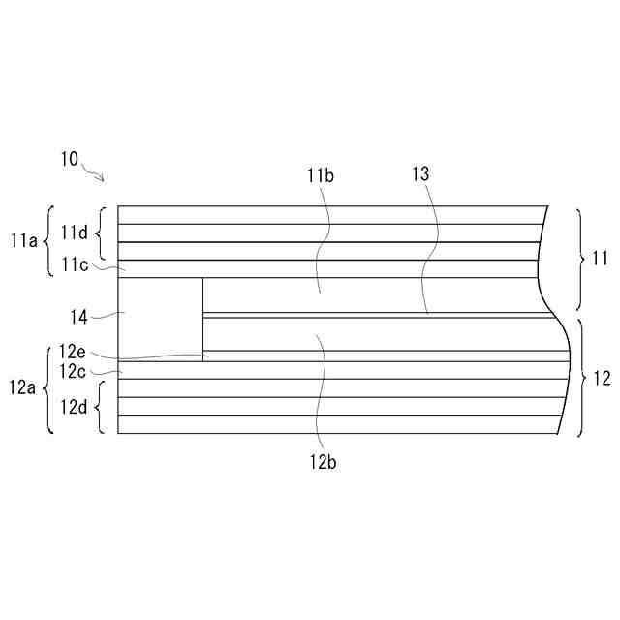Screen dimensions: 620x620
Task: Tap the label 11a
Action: click(x=25, y=241)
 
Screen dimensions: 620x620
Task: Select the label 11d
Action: click(x=75, y=232)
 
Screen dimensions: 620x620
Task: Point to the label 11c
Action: click(x=75, y=263)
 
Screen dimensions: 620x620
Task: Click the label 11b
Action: click(x=320, y=175)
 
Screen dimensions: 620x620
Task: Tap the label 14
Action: click(x=79, y=315)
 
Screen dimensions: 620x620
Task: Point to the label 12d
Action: click(x=75, y=405)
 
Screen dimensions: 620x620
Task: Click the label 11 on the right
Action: click(x=599, y=259)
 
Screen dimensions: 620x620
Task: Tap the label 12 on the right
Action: click(x=601, y=379)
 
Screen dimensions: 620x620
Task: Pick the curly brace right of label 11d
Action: click(x=100, y=232)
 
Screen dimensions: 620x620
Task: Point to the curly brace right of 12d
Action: click(x=100, y=406)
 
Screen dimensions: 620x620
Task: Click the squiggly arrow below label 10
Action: click(x=94, y=174)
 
